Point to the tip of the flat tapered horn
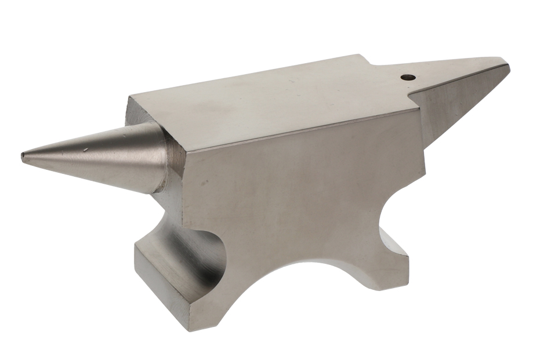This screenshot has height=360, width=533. click(x=506, y=66)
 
